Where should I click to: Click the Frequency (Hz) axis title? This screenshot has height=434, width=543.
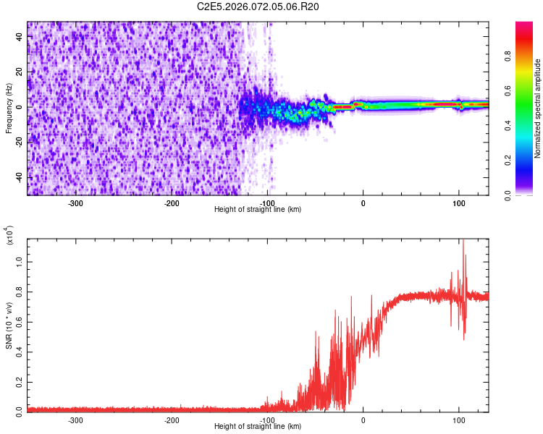coord(9,108)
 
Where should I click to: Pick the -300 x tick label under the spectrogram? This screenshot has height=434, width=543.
coord(76,203)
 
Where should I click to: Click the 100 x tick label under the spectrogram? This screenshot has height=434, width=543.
coord(459,203)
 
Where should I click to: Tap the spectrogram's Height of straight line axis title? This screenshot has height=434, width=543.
coord(258,209)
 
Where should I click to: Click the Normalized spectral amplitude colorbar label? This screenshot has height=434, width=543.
coord(538,109)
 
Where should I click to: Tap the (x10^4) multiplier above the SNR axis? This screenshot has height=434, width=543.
coord(10,236)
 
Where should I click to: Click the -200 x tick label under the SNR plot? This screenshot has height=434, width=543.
coord(172,420)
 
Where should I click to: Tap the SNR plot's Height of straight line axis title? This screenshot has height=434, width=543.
coord(258,427)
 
